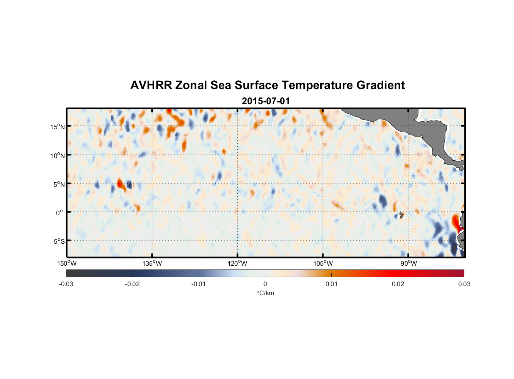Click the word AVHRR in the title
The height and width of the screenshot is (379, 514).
pyautogui.click(x=151, y=85)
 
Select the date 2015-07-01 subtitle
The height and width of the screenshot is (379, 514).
pyautogui.click(x=266, y=101)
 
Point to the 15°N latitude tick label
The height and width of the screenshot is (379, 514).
pyautogui.click(x=58, y=127)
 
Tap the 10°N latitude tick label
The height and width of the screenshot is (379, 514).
pyautogui.click(x=58, y=155)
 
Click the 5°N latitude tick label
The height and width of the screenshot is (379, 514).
pyautogui.click(x=59, y=184)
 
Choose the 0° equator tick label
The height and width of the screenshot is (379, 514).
pyautogui.click(x=60, y=213)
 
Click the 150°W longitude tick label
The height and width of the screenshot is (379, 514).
pyautogui.click(x=67, y=263)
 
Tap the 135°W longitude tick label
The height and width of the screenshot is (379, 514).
pyautogui.click(x=152, y=263)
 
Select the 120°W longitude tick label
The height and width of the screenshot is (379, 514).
pyautogui.click(x=238, y=263)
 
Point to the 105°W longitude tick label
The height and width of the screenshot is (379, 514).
pyautogui.click(x=323, y=263)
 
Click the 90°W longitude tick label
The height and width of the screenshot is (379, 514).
pyautogui.click(x=409, y=263)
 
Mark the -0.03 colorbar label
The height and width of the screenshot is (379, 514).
pyautogui.click(x=66, y=284)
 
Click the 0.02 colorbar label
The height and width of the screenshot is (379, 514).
pyautogui.click(x=398, y=284)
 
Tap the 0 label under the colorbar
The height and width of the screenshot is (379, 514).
pyautogui.click(x=265, y=284)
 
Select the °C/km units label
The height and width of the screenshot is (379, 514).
pyautogui.click(x=265, y=293)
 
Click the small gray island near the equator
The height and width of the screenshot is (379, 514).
pyautogui.click(x=401, y=215)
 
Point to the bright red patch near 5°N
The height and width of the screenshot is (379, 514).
pyautogui.click(x=120, y=184)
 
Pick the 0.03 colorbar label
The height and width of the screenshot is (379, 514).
pyautogui.click(x=464, y=284)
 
